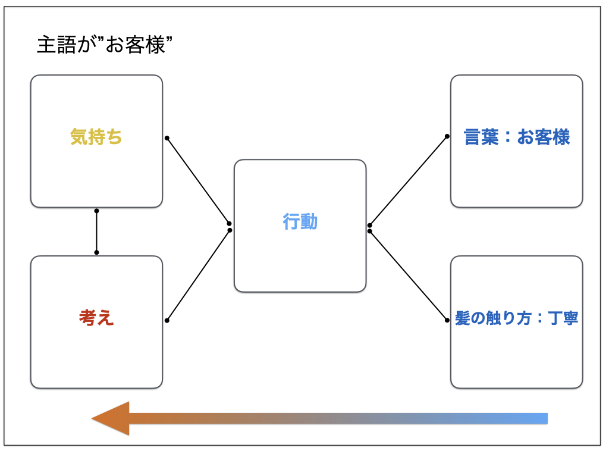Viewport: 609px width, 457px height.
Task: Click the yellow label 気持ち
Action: click(x=96, y=137)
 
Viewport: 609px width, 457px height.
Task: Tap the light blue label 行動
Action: click(x=300, y=222)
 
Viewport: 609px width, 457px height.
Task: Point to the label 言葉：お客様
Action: click(x=517, y=137)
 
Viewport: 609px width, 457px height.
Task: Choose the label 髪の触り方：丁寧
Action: click(x=517, y=318)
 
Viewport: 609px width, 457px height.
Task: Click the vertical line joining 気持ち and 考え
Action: click(x=96, y=231)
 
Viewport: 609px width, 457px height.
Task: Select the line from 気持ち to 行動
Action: click(x=198, y=180)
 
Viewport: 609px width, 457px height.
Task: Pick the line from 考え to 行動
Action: click(x=198, y=276)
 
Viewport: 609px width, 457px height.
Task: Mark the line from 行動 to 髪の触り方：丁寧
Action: click(x=409, y=276)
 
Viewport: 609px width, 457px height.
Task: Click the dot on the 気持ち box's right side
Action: click(x=167, y=138)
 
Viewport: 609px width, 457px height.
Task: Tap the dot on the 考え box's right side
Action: click(x=167, y=321)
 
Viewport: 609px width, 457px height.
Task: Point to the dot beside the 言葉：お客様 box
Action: click(x=447, y=136)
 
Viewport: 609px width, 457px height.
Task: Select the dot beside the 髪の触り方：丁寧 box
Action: click(x=447, y=320)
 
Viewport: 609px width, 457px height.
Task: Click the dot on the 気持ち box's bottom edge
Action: click(x=96, y=211)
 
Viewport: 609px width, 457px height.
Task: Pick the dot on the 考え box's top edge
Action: click(x=96, y=252)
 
